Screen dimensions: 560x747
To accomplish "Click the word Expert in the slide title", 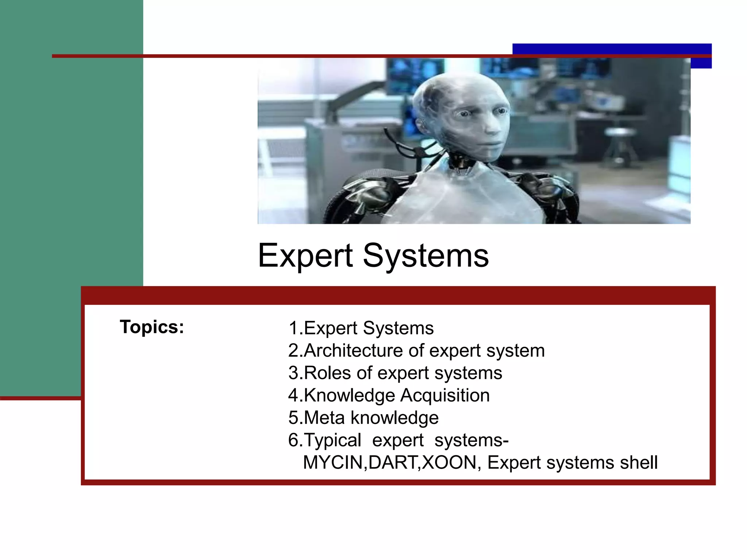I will (305, 256).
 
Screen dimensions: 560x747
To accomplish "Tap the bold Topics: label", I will (152, 327).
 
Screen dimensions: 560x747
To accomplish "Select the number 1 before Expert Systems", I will (294, 328).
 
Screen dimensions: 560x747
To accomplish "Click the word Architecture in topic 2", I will (353, 350).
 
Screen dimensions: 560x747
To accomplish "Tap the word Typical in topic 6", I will (332, 440).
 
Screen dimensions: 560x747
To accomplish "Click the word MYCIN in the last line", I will (333, 463).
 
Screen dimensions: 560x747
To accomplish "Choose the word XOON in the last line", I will (449, 463).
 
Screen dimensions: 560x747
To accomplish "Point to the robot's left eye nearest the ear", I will (465, 114).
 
